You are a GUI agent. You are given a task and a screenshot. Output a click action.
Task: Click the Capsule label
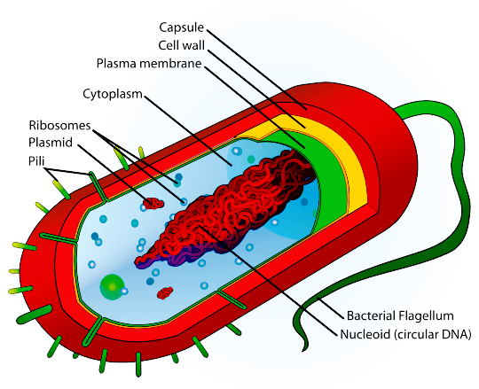tap(182, 27)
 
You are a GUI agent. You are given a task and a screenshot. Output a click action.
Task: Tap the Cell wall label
tap(182, 46)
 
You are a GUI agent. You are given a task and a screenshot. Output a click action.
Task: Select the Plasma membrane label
tap(149, 64)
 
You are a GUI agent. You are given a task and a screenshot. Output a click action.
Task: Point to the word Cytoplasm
tap(113, 94)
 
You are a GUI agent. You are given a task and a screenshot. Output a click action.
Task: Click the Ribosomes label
tap(60, 125)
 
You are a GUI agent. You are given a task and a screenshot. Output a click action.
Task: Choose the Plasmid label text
tap(51, 143)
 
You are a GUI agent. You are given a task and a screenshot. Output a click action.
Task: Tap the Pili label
tap(36, 160)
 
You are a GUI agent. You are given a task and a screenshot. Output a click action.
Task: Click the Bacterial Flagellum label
tap(400, 315)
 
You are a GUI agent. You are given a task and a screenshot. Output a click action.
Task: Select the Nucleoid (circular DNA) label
tap(405, 334)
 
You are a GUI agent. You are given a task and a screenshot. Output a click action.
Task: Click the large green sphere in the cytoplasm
tap(111, 287)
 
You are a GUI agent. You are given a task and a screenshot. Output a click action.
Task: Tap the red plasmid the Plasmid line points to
tap(153, 203)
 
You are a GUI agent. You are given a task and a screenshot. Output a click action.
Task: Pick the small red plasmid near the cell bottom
tap(165, 293)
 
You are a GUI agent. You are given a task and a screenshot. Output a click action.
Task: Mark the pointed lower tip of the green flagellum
tap(303, 350)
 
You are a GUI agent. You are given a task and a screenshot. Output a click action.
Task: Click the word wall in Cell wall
tap(193, 46)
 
